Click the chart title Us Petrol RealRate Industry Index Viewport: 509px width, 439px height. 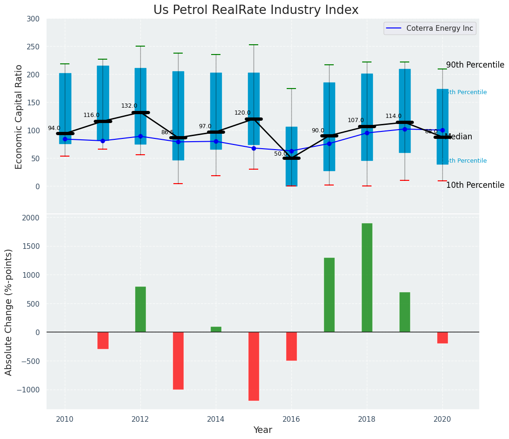pos(256,10)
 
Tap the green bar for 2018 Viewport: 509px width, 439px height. pos(367,278)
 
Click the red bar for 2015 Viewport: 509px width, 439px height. pos(254,366)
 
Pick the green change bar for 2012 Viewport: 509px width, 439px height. pos(140,309)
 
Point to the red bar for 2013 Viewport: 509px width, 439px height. pos(178,361)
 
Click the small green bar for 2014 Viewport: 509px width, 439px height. pos(216,329)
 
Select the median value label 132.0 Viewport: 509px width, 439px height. pos(129,106)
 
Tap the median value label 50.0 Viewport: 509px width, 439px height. pos(281,154)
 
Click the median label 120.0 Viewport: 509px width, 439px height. pos(242,113)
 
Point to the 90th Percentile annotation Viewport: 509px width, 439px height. pos(475,65)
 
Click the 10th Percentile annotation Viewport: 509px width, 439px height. pos(475,185)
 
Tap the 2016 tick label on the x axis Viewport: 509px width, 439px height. pos(291,419)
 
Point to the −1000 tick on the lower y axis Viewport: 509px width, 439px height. pos(29,390)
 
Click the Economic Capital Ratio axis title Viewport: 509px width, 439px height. pos(19,117)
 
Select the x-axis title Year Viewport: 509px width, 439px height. pos(262,430)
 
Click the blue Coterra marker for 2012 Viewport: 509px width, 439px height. pos(140,136)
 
